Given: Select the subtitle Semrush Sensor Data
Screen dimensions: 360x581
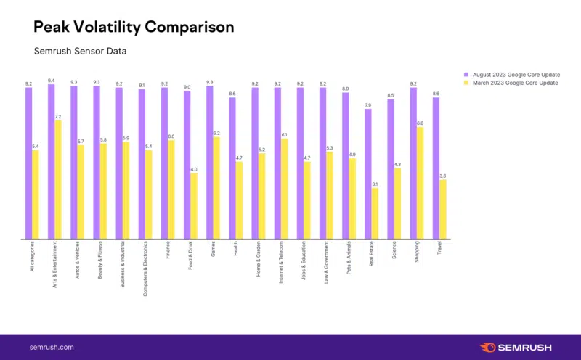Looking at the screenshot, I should pos(81,52).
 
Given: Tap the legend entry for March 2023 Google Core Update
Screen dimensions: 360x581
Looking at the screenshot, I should pos(513,83).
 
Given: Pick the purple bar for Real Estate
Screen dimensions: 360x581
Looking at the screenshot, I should pos(368,173).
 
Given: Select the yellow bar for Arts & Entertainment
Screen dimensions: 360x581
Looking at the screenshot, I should pos(58,179).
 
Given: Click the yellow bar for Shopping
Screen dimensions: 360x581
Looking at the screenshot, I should pos(420,183).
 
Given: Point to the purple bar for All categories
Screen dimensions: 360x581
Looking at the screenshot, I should pos(28,163).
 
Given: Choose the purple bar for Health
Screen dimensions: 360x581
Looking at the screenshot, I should pos(232,168).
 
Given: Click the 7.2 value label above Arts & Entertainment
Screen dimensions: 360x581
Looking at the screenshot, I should pos(58,116).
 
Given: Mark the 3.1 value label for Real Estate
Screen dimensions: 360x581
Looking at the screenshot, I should pos(375,184).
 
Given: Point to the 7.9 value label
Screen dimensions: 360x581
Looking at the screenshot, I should pos(368,105).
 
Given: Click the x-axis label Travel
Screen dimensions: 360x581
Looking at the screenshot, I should pos(439,251).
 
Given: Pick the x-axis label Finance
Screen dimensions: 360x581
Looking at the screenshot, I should pos(168,252).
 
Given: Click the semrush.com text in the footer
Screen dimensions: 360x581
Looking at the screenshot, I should pos(52,347).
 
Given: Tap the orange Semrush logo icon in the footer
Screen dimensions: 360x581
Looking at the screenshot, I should pos(489,347).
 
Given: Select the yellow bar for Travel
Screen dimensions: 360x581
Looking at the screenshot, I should pos(443,209).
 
